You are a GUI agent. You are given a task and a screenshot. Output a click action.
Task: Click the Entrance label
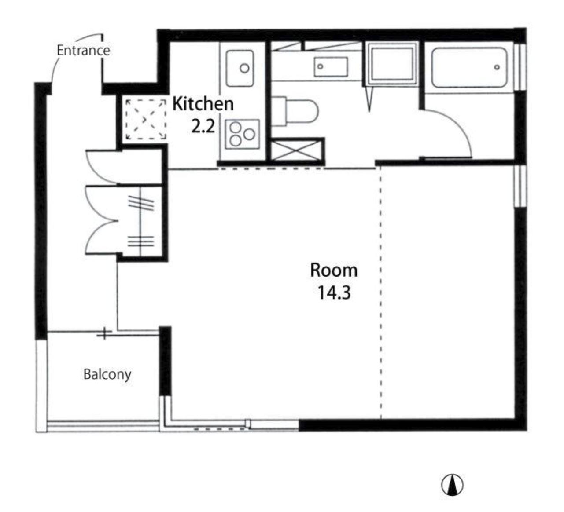(83, 51)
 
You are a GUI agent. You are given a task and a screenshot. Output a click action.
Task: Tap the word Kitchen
(203, 104)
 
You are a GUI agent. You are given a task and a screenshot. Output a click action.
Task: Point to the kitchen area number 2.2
(203, 126)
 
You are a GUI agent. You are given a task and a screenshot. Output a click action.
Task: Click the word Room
(334, 270)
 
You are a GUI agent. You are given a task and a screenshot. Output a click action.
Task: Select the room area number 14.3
(334, 293)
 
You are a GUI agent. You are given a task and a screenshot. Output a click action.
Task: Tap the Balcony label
(107, 375)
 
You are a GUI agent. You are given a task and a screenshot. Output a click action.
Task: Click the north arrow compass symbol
(452, 485)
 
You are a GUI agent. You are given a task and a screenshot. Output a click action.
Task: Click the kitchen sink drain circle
(244, 68)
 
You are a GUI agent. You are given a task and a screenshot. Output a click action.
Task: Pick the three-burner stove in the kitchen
(242, 134)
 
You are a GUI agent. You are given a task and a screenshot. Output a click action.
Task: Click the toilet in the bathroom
(295, 111)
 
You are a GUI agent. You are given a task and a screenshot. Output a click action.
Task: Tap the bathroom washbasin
(331, 66)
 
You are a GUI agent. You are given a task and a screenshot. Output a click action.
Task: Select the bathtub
(469, 68)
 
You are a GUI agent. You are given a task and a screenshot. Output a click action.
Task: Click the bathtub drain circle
(497, 67)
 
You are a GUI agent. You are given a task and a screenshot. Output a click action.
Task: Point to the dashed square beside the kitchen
(145, 119)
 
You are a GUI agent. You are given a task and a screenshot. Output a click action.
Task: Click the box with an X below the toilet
(294, 151)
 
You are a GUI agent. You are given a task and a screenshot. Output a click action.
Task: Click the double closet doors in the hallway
(102, 220)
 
